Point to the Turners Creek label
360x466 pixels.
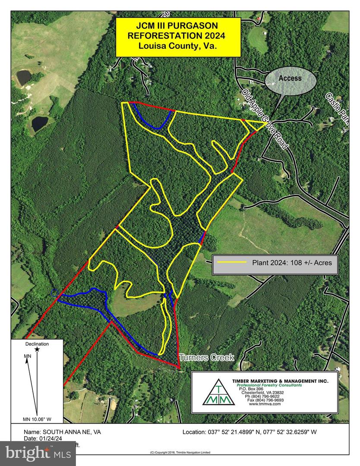tap(207, 357)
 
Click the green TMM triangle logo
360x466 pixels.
tap(219, 393)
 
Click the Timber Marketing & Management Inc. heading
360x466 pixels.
tap(280, 381)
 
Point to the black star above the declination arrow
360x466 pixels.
tap(37, 349)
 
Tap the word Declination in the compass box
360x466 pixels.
tap(37, 344)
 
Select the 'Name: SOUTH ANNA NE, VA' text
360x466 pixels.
tap(62, 431)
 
